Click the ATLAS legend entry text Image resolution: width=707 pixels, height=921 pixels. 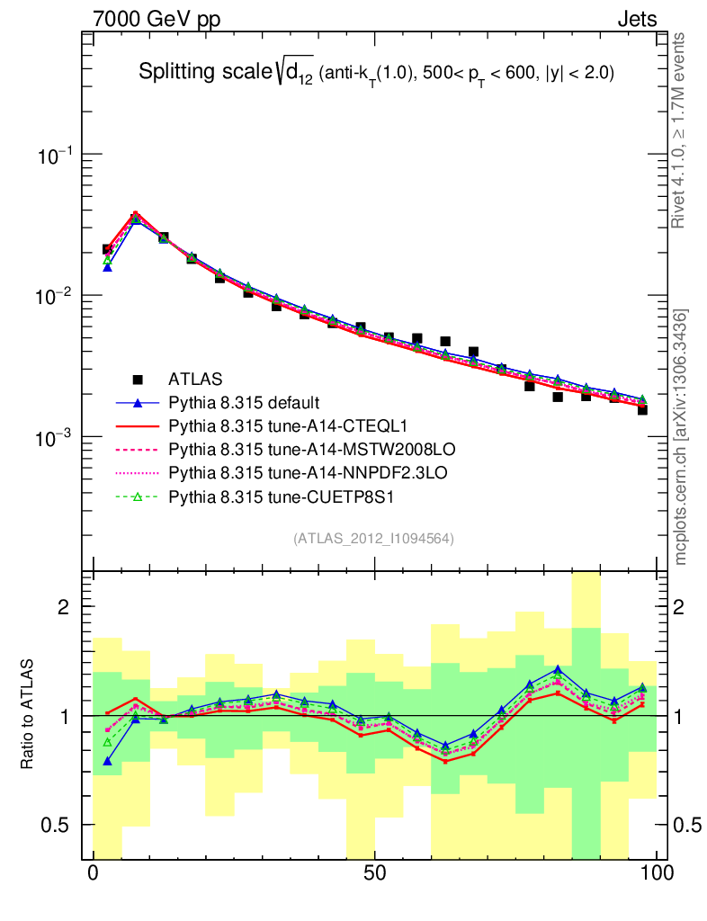click(x=195, y=380)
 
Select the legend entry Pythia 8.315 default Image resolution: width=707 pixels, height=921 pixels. click(x=244, y=402)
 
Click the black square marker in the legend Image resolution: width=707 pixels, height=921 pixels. click(x=137, y=380)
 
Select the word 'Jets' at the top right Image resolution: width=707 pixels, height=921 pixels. click(x=636, y=19)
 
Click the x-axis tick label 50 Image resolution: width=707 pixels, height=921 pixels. click(x=375, y=873)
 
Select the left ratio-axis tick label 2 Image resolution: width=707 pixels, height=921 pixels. click(x=64, y=607)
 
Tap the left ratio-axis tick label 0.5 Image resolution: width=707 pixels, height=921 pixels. click(x=58, y=825)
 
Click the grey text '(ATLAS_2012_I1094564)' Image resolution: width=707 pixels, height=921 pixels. click(x=373, y=539)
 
